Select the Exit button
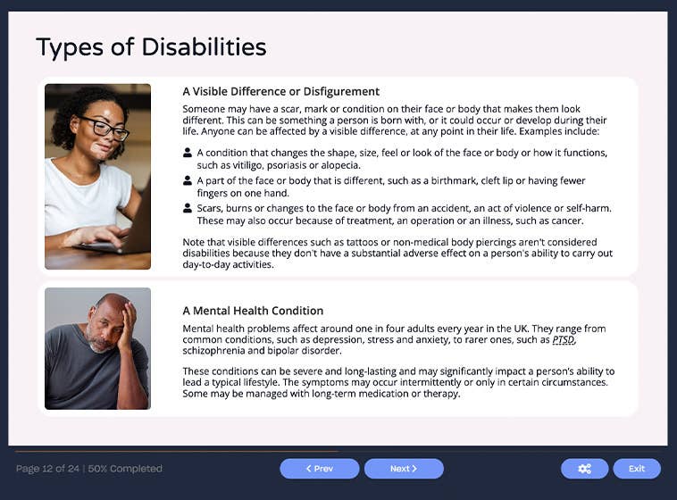636,469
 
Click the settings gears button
584,469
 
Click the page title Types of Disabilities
151,47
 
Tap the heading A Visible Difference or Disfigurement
280,91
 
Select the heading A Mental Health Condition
253,311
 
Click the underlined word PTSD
564,339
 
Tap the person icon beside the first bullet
188,153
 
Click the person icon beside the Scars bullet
188,208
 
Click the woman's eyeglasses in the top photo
105,128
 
